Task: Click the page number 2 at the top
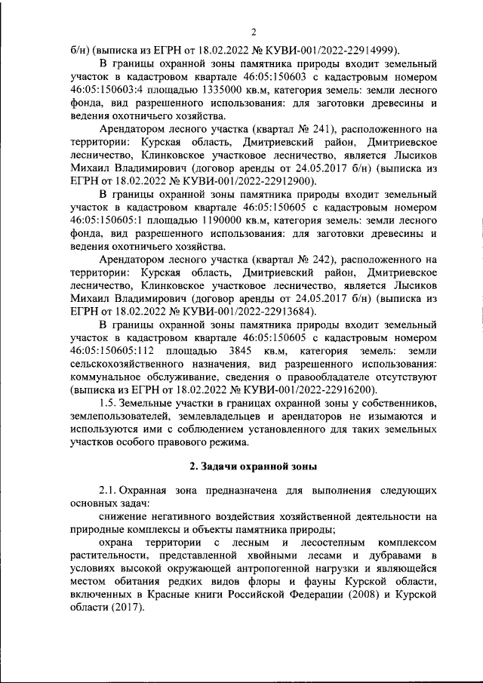click(254, 31)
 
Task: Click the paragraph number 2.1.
click(108, 489)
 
